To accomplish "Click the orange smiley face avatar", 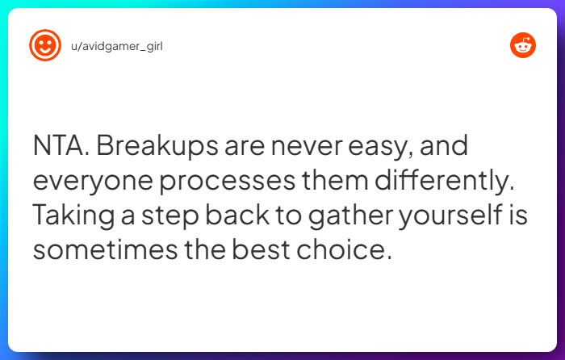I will click(x=45, y=45).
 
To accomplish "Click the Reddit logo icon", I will click(x=522, y=45).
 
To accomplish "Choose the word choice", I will click(x=352, y=249).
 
